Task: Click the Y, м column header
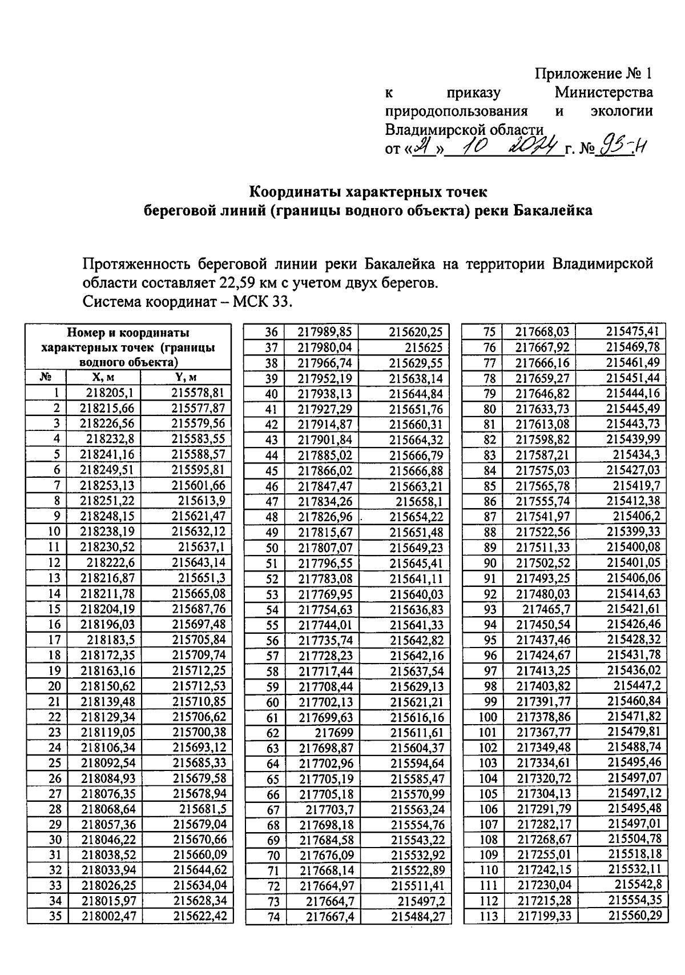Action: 186,377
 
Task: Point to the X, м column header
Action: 104,377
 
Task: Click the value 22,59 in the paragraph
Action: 238,282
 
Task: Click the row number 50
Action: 272,548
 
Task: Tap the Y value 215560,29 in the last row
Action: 635,916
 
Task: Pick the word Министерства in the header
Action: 605,93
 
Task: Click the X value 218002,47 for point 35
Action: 108,916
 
